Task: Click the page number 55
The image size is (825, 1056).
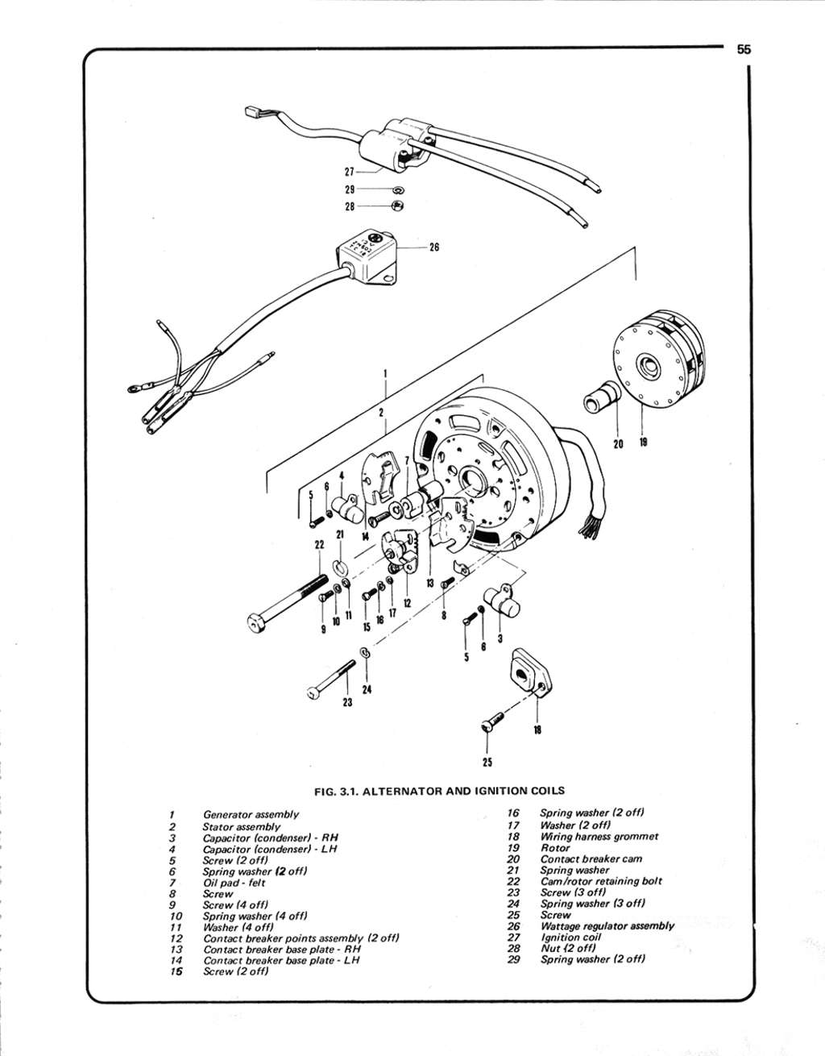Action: click(x=744, y=49)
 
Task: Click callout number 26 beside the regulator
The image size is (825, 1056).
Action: click(x=434, y=247)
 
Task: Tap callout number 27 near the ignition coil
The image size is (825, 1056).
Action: click(x=350, y=172)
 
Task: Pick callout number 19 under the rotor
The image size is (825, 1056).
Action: click(x=644, y=443)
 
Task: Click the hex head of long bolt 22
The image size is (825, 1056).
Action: click(x=256, y=623)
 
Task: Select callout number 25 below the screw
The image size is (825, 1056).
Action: click(x=487, y=763)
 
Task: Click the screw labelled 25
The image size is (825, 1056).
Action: click(x=493, y=721)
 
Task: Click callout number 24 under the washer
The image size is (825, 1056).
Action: click(x=367, y=689)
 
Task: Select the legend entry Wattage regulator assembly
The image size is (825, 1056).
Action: click(x=607, y=925)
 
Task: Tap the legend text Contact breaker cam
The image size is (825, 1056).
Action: click(x=591, y=859)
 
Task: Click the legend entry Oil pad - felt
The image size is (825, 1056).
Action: click(x=234, y=883)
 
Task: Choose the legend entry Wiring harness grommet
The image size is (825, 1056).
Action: click(x=599, y=837)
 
